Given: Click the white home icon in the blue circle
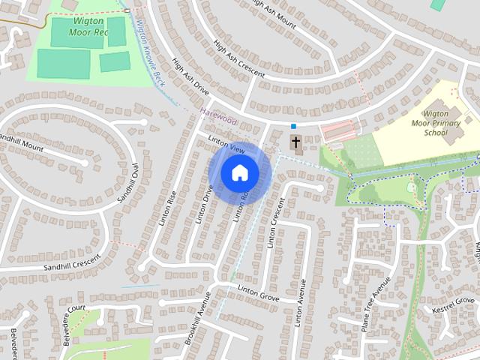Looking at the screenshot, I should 239,172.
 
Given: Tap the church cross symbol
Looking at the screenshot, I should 295,142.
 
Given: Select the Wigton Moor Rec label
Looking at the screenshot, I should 88,28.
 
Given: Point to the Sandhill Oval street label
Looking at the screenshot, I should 129,184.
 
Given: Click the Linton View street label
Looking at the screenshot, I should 226,146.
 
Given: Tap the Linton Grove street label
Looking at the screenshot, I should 258,292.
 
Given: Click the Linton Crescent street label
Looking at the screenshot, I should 274,222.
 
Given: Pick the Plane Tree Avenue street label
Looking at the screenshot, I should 375,305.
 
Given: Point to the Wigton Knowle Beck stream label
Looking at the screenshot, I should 151,52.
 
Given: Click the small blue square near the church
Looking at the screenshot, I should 295,126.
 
